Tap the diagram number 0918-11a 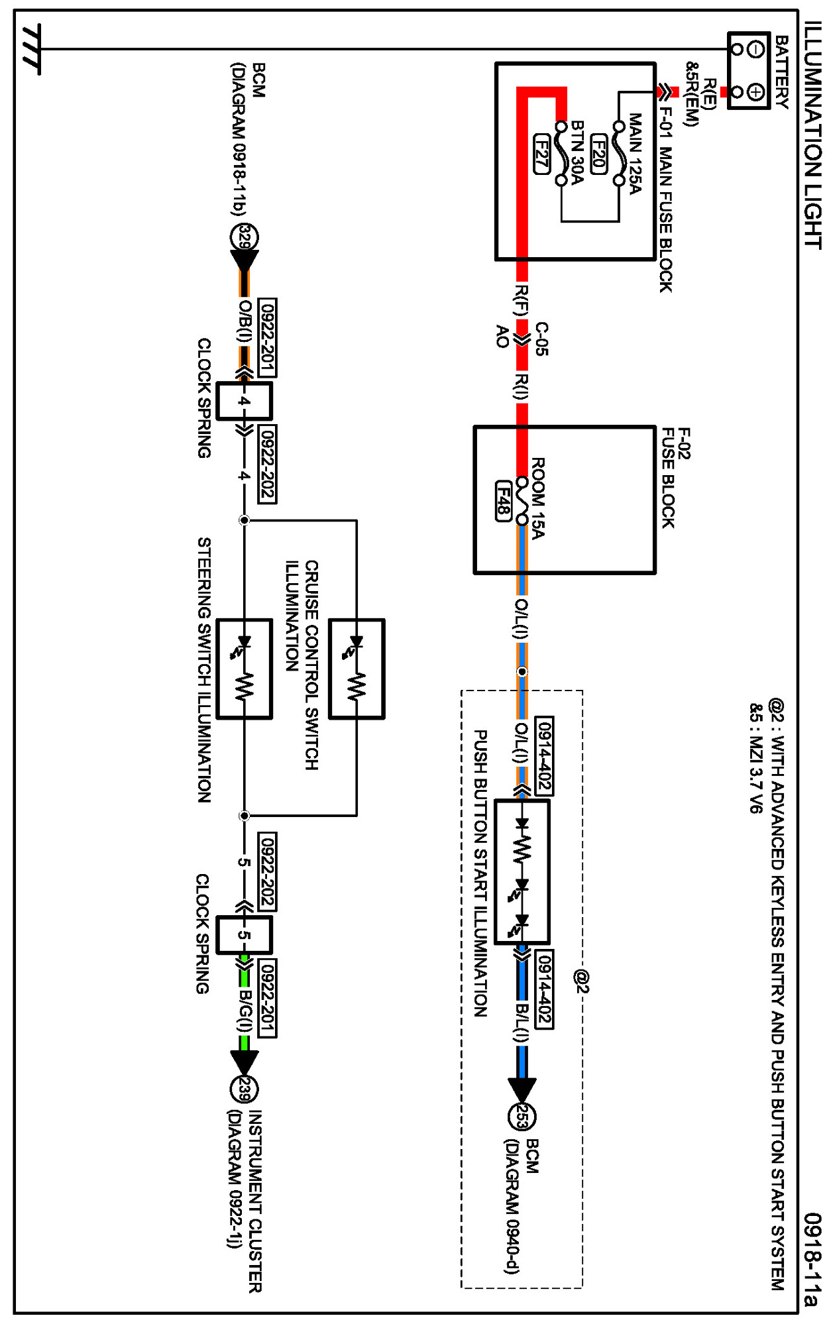point(812,1259)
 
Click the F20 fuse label point(598,154)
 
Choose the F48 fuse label point(504,500)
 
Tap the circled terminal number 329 point(244,237)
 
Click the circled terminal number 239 point(244,1089)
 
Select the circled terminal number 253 point(522,1117)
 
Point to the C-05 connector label point(541,339)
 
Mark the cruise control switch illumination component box point(357,669)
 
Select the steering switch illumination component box point(244,669)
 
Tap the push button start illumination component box point(522,871)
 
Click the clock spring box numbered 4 point(244,400)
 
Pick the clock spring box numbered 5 point(244,935)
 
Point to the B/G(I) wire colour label point(245,1011)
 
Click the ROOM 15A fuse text point(538,498)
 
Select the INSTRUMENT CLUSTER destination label point(255,1201)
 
